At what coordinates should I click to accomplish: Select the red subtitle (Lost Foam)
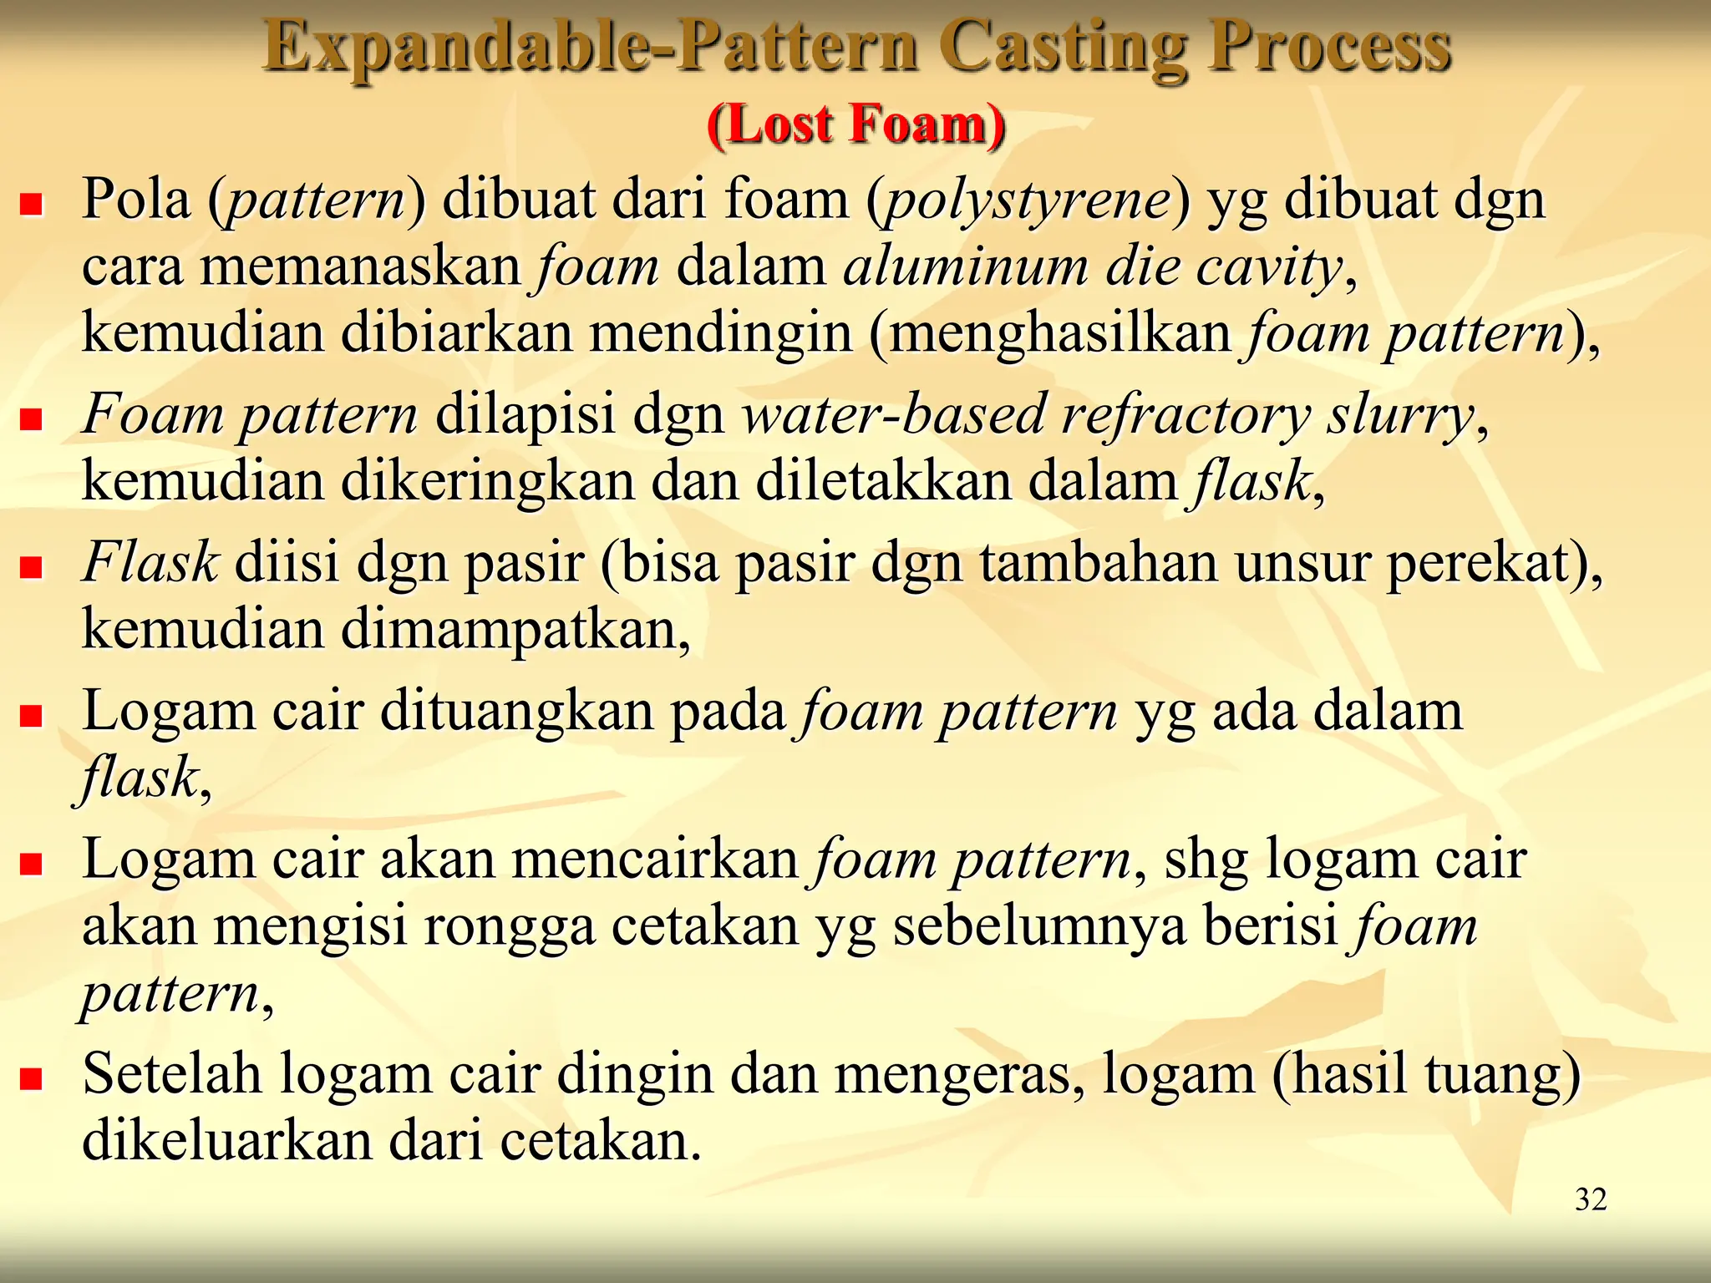[x=855, y=125]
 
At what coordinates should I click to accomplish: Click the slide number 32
[x=1591, y=1199]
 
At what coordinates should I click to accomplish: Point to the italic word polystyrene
[x=1028, y=200]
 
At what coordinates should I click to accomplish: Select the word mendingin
[x=722, y=332]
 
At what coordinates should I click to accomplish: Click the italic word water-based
[x=894, y=414]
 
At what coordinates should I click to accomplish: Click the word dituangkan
[x=517, y=711]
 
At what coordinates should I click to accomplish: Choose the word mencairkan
[x=655, y=860]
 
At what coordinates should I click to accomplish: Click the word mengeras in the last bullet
[x=952, y=1074]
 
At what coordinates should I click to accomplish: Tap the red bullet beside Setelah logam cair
[x=32, y=1078]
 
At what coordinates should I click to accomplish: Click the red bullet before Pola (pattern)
[x=32, y=205]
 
